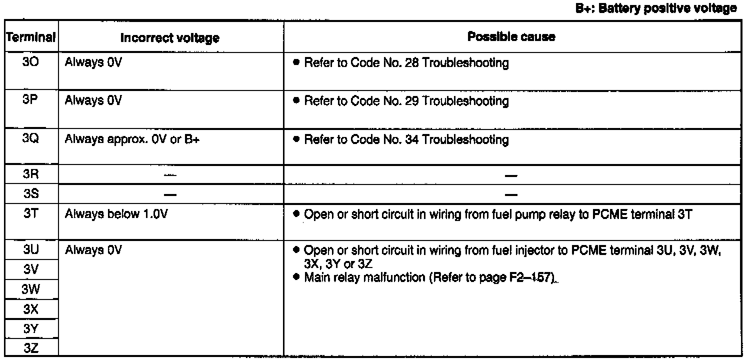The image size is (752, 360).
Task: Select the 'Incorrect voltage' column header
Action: click(x=170, y=37)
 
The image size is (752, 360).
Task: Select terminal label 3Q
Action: click(x=29, y=140)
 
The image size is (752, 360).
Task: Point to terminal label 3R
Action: click(x=29, y=175)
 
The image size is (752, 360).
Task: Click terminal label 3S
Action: click(x=29, y=193)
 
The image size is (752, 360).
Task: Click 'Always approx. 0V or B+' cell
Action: click(x=133, y=140)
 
